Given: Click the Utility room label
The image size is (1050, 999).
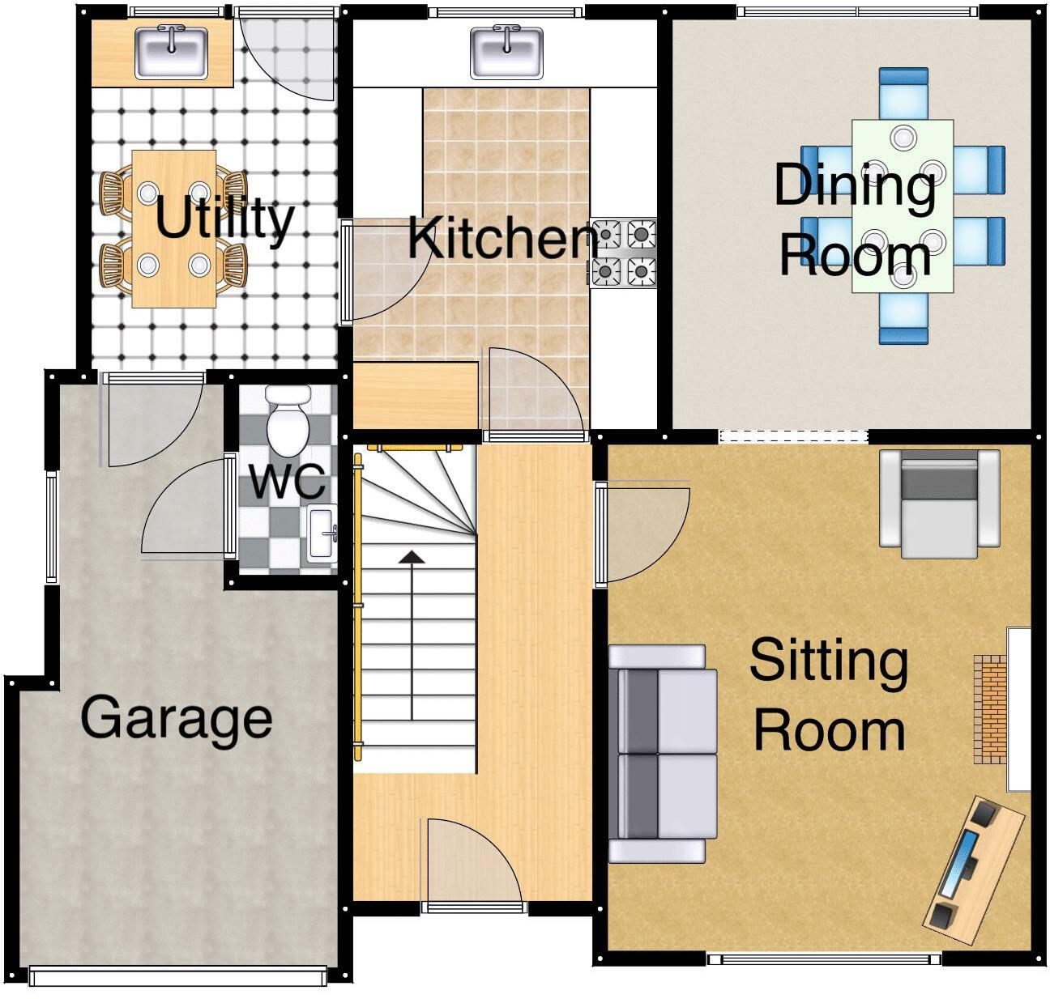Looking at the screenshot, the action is click(224, 220).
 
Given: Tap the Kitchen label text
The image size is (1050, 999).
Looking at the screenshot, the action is click(502, 238).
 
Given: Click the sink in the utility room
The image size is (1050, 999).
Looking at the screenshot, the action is click(172, 53).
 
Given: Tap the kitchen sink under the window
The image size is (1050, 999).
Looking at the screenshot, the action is click(506, 53).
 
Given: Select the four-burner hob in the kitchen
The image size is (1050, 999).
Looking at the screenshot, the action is click(623, 253).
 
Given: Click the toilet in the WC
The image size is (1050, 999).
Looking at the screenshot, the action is click(288, 422).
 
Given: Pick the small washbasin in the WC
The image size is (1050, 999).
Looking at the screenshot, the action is click(322, 534).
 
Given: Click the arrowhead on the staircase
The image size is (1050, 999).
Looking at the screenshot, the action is click(412, 558).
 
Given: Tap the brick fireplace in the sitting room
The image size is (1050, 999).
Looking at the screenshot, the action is click(990, 709).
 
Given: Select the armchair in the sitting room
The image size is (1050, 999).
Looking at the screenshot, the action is click(940, 504).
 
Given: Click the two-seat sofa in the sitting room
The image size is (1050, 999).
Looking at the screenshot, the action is click(663, 754).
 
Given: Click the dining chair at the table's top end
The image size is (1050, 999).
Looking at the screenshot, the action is click(903, 94).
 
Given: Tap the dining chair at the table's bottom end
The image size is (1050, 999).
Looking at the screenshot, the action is click(903, 318).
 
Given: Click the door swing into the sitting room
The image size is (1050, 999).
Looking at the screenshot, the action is click(643, 532).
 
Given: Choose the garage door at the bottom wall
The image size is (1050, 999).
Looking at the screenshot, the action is click(177, 977).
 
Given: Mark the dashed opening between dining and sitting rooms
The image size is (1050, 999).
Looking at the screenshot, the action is click(793, 436).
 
